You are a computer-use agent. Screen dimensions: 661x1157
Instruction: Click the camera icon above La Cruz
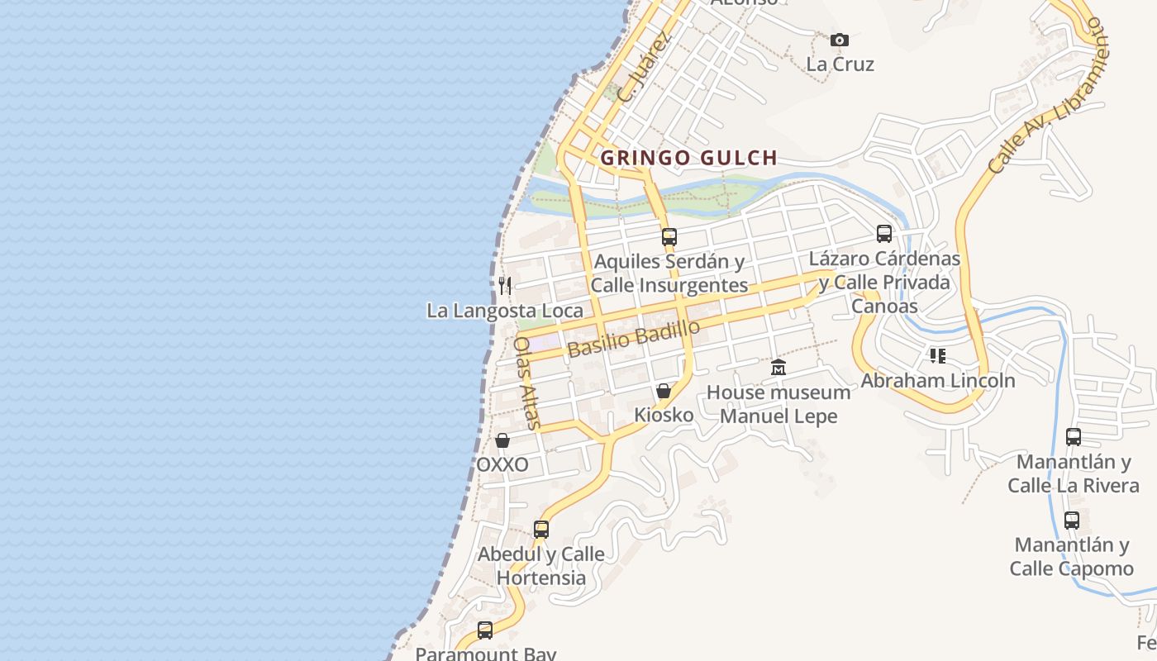point(840,40)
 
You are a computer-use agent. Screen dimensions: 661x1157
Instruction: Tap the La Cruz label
point(840,64)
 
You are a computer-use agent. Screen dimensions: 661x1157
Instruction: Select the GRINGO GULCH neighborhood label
point(688,158)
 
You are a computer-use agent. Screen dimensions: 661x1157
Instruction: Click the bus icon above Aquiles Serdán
point(669,237)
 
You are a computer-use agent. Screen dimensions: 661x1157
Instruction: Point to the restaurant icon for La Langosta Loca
point(505,286)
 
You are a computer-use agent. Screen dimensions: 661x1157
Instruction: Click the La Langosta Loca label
point(504,311)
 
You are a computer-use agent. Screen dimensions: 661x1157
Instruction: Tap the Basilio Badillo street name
point(634,338)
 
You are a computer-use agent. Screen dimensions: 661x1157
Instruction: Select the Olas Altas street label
point(526,383)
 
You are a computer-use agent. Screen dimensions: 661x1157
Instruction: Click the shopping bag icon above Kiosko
point(664,391)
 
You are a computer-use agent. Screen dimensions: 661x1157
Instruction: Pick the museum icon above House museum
point(778,368)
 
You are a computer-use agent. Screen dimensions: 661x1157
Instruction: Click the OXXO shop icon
point(502,440)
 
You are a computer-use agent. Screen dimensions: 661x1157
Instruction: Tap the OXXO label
point(502,464)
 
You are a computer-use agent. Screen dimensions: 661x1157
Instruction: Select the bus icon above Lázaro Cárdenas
point(884,234)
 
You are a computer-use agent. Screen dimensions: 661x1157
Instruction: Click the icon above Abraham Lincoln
point(938,356)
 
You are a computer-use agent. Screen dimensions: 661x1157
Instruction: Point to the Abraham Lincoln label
point(938,381)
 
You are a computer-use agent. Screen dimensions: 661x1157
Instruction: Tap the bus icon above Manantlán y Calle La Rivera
point(1074,437)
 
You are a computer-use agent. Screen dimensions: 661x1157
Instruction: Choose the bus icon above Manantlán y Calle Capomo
point(1072,521)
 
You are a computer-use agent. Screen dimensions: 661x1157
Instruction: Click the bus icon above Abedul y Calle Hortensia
point(541,529)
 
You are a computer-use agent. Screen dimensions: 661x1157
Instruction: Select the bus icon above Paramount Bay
point(485,630)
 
